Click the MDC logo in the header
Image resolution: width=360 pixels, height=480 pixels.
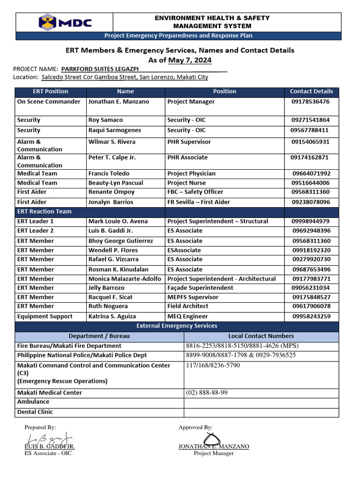pyautogui.click(x=65, y=22)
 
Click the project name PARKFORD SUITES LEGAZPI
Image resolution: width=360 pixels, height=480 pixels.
pyautogui.click(x=100, y=68)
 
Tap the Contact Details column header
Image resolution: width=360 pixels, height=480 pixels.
pyautogui.click(x=311, y=91)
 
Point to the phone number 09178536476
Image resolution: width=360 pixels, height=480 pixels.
pyautogui.click(x=310, y=102)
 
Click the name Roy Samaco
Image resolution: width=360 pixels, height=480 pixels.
pyautogui.click(x=105, y=120)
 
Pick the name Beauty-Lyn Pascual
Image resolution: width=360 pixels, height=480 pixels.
pyautogui.click(x=116, y=183)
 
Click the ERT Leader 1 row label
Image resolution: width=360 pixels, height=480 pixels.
pyautogui.click(x=36, y=221)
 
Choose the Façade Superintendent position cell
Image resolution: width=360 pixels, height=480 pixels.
pyautogui.click(x=200, y=288)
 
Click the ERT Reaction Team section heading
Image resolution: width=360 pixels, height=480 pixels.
pyautogui.click(x=45, y=211)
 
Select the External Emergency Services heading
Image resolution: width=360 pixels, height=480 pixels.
pyautogui.click(x=177, y=326)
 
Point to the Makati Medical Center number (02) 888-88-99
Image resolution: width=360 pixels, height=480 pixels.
pyautogui.click(x=207, y=393)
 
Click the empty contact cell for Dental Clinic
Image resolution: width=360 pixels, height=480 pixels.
pyautogui.click(x=261, y=412)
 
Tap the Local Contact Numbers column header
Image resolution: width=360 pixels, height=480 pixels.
pyautogui.click(x=261, y=336)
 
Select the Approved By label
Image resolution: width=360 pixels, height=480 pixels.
pyautogui.click(x=195, y=427)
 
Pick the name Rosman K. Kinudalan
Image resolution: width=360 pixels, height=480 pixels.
pyautogui.click(x=118, y=270)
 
